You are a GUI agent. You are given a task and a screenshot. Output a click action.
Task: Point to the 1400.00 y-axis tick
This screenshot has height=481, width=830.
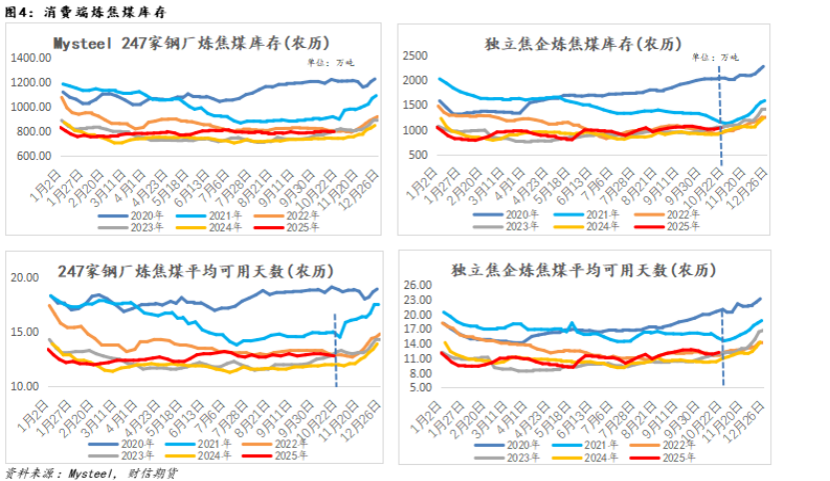[31, 57]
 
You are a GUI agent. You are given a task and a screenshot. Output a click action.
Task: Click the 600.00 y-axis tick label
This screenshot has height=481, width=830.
[33, 156]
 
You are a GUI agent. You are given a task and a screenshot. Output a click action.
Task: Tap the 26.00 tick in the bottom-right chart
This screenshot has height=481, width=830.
[415, 286]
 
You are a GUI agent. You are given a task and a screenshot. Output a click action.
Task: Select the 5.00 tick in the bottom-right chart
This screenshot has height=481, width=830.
[417, 387]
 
